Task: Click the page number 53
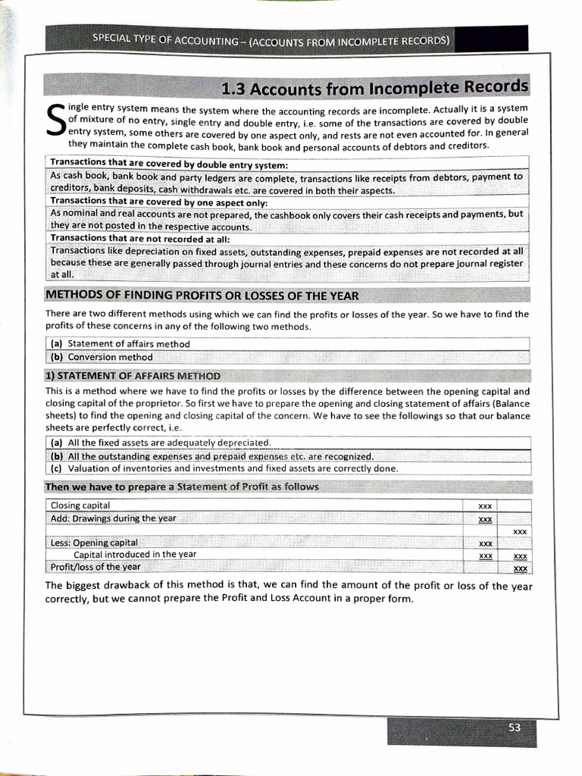point(515,727)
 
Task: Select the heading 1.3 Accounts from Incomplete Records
point(374,89)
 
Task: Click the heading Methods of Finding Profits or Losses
point(202,296)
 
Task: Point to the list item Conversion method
point(110,357)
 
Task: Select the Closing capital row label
point(80,505)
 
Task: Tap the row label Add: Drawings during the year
point(113,518)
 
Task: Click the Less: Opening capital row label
point(94,543)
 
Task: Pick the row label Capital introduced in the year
point(135,555)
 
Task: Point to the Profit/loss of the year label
point(95,567)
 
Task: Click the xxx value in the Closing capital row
point(486,505)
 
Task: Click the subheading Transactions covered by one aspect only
point(159,202)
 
